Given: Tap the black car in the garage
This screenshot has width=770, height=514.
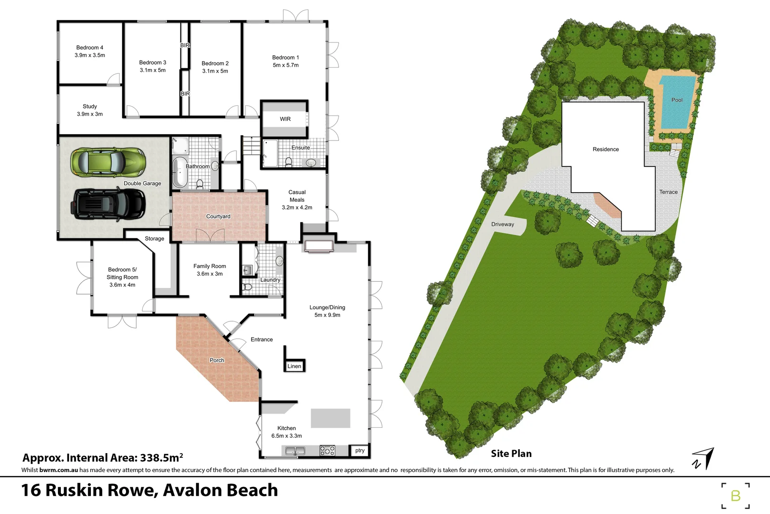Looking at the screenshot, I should tap(108, 204).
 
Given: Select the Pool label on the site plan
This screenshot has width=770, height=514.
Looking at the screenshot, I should tap(677, 100).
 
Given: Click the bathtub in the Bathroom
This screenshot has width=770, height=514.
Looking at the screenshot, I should tap(180, 172).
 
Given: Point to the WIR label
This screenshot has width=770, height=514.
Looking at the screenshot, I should tap(285, 119).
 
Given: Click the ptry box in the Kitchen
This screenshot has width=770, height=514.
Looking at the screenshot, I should tap(360, 450).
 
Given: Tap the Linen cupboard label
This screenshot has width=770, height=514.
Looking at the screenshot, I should tap(294, 366).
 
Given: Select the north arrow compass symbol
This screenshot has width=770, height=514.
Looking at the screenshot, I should tap(704, 458).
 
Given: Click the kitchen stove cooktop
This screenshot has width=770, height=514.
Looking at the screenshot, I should tap(327, 450).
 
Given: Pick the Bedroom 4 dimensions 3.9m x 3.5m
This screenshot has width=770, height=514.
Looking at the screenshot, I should tap(90, 55).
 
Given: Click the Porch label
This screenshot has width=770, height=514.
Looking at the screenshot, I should tap(217, 360).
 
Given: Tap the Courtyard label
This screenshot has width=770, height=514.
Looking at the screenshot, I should tap(218, 217).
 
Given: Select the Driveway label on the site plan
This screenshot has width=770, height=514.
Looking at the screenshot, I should tap(503, 224).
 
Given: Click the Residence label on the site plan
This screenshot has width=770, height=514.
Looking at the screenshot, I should tap(605, 149).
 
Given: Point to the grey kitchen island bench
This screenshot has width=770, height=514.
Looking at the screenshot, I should tap(331, 418).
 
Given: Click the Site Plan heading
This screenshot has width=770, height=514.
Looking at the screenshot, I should tap(511, 454).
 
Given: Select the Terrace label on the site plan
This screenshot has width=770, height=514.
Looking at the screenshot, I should tap(668, 192).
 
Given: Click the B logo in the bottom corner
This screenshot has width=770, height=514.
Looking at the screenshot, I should tap(735, 496).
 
